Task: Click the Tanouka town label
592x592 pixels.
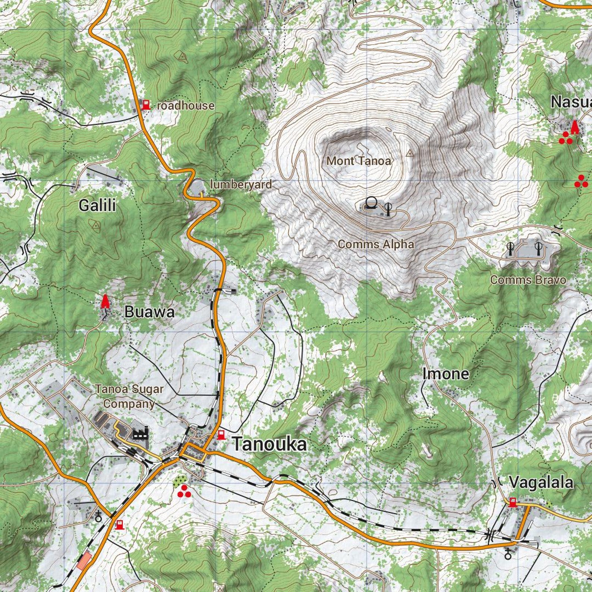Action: tap(270, 444)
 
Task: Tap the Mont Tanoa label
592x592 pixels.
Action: tap(359, 161)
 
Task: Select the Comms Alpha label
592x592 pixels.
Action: tap(376, 244)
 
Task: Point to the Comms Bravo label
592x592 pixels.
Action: tap(528, 280)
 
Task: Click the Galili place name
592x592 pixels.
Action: tap(97, 205)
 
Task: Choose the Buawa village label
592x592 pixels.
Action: tap(149, 312)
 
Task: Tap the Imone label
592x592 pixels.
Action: tap(445, 374)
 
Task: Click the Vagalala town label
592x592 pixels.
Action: tap(541, 483)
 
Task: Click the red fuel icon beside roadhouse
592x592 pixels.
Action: tap(146, 105)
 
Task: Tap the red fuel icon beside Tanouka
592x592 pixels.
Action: tap(221, 435)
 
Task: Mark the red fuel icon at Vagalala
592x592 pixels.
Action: tap(513, 502)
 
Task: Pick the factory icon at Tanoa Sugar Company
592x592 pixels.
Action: tap(141, 433)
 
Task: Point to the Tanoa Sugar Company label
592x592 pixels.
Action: tap(129, 396)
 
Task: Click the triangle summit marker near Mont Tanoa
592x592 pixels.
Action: tap(410, 153)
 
